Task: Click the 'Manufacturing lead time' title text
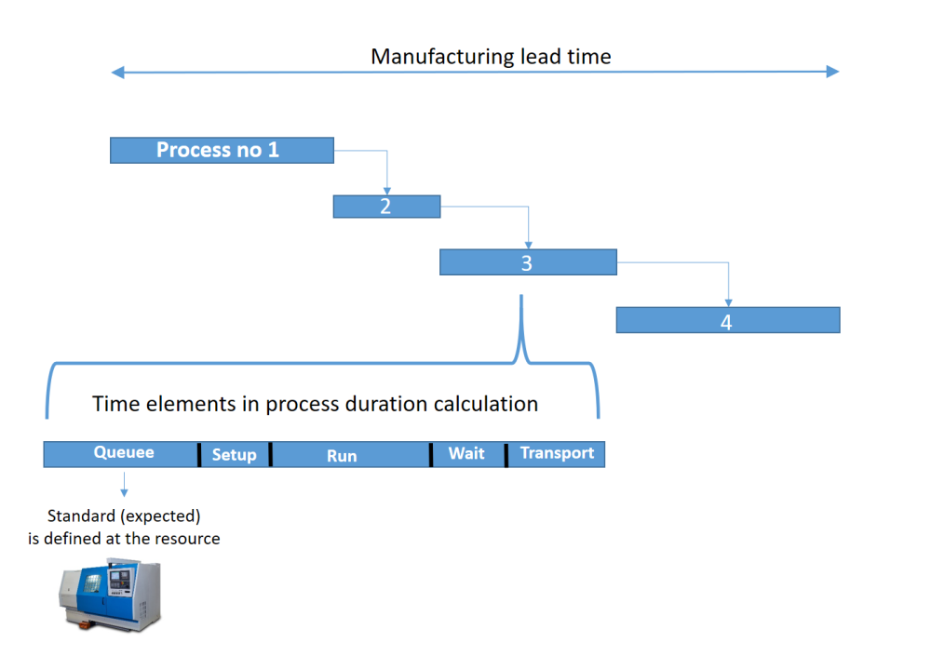click(491, 57)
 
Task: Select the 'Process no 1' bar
click(222, 150)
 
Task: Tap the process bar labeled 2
click(386, 207)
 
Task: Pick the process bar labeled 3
click(527, 262)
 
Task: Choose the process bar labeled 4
click(727, 321)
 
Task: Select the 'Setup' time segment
click(235, 454)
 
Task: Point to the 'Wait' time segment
click(468, 454)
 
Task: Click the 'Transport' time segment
click(557, 454)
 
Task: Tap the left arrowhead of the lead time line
click(115, 73)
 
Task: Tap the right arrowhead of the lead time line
click(834, 73)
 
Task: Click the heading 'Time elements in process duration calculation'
click(315, 404)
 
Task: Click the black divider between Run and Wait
click(431, 454)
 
